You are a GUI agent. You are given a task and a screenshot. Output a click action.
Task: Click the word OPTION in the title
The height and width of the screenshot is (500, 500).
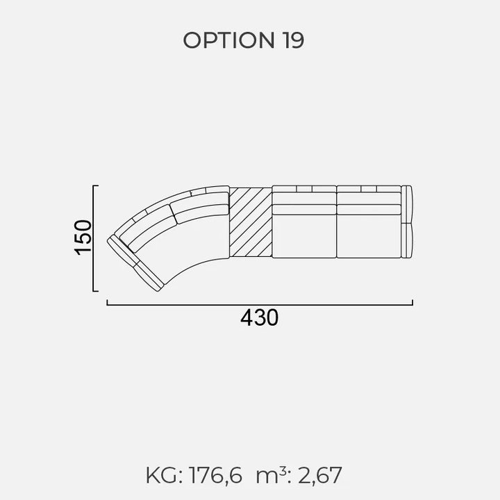click(x=228, y=40)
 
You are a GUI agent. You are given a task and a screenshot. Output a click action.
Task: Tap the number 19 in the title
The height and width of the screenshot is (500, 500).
click(x=293, y=40)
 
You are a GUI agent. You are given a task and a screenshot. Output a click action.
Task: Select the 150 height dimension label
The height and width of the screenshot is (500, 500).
click(x=83, y=237)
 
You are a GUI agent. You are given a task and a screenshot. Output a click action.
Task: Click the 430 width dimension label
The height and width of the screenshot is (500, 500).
click(x=259, y=317)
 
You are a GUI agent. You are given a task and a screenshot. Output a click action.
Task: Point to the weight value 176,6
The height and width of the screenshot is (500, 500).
click(x=215, y=476)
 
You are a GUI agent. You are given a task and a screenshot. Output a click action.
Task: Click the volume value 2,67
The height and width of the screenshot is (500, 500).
click(x=320, y=476)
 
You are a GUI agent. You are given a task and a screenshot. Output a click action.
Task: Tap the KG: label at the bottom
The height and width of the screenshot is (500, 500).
click(x=164, y=476)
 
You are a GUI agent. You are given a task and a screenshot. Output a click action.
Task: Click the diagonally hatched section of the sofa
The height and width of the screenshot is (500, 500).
click(x=251, y=222)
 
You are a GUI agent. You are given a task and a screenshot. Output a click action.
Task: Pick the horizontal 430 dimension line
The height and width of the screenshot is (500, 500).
click(x=260, y=305)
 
